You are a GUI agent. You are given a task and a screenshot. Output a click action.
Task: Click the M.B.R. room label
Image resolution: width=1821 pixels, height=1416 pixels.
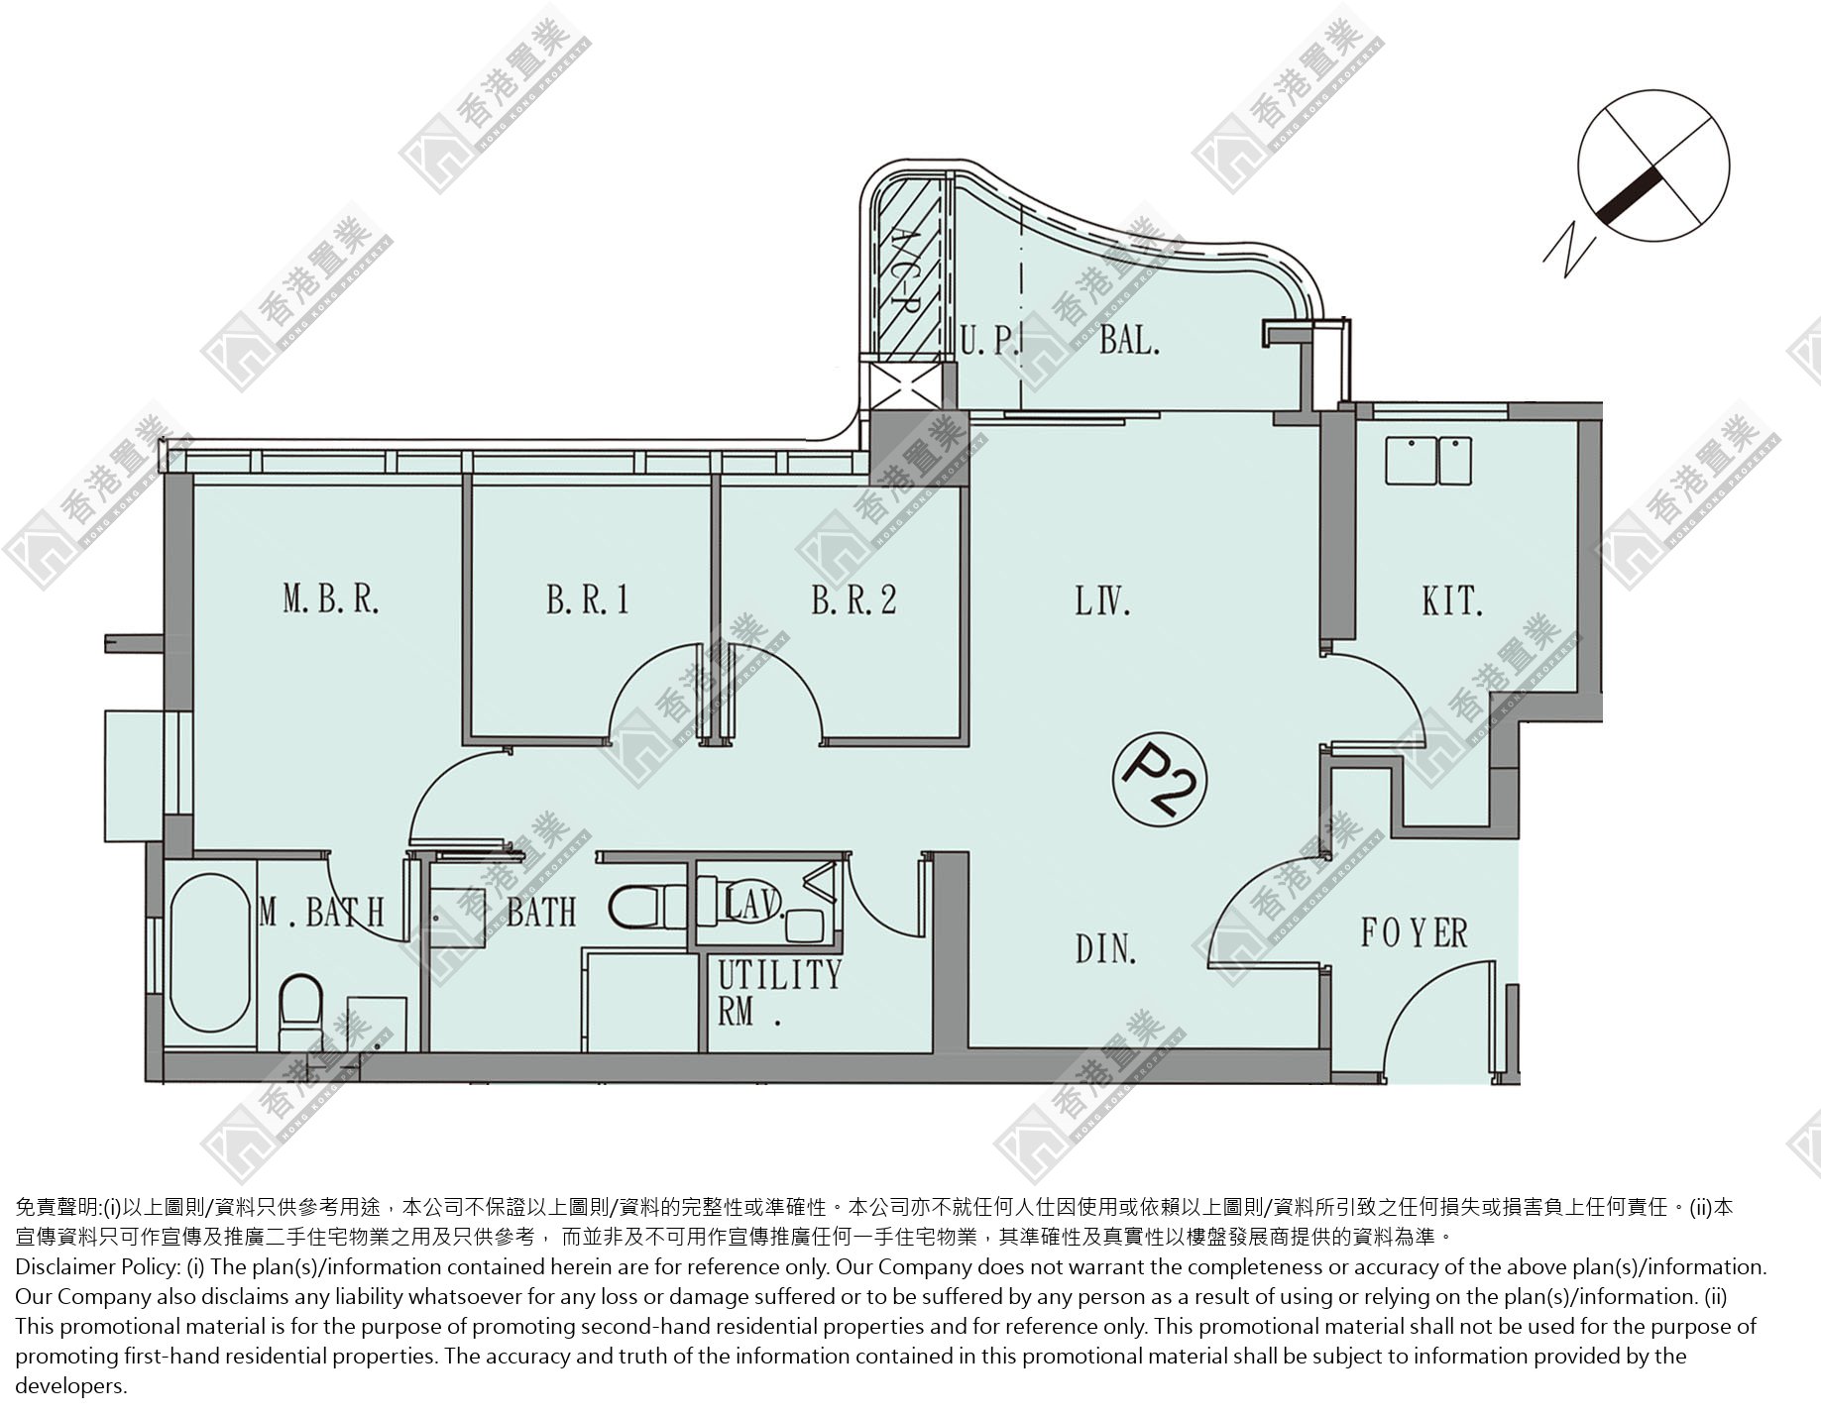pos(331,599)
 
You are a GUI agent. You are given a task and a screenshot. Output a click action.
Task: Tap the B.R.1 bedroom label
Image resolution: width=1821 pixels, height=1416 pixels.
pos(588,599)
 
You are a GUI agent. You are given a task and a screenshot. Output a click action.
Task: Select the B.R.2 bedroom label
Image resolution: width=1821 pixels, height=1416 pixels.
pos(854,599)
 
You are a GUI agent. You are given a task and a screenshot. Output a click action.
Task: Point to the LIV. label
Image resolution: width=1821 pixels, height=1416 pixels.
pos(1103,599)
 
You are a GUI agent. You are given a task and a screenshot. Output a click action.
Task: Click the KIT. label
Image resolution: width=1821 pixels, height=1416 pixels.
pos(1452,599)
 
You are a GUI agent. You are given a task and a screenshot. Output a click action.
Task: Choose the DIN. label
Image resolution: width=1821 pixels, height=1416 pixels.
pos(1106,948)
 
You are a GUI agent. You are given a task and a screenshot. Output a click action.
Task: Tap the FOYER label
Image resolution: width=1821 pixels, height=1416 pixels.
pos(1414,932)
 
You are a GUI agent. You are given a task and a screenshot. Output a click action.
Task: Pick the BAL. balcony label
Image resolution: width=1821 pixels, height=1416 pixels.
pos(1129,341)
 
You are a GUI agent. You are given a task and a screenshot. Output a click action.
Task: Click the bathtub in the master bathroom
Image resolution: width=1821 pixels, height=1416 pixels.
pos(211,952)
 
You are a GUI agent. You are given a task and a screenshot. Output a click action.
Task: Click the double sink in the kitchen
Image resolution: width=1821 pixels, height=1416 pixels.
pos(1428,460)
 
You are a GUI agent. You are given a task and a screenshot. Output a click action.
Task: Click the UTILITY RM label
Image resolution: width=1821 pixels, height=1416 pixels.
pos(779,992)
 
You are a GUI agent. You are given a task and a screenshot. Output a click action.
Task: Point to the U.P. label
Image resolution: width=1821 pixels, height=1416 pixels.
pos(989,342)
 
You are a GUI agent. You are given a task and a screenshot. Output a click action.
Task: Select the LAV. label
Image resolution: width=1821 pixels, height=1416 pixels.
pos(756,904)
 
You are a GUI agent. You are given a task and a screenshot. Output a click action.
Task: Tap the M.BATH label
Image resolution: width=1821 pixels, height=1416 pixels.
pos(321,912)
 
